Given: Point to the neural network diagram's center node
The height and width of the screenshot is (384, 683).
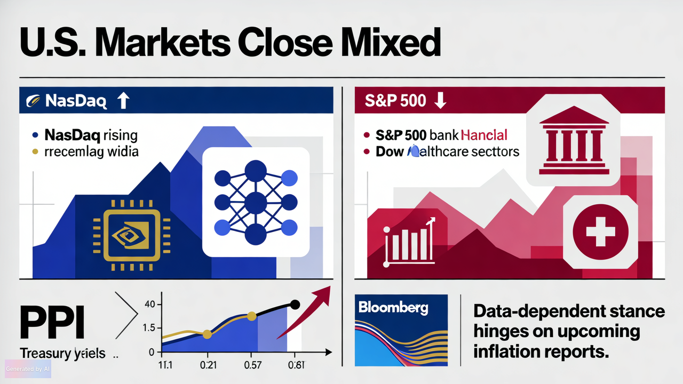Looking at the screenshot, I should (x=256, y=203).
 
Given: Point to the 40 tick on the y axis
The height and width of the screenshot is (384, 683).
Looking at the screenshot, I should (x=149, y=305).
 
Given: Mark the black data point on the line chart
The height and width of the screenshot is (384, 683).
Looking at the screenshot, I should (x=294, y=305).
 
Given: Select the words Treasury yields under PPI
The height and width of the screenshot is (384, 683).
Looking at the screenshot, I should (x=62, y=353).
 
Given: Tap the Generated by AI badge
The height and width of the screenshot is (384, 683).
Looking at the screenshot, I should (x=28, y=369).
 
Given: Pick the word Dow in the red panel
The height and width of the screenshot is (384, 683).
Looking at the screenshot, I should (x=390, y=151).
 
